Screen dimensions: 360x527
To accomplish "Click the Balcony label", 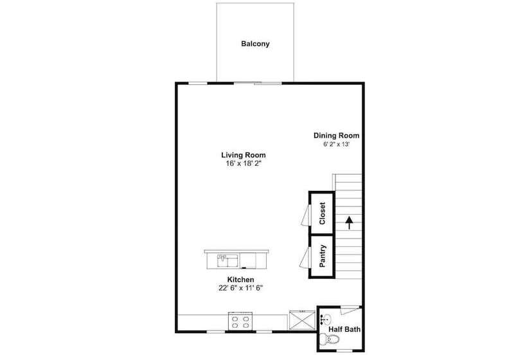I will pos(255,44).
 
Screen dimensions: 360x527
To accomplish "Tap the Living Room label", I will pos(243,155).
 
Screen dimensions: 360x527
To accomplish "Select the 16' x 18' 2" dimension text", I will pos(243,164).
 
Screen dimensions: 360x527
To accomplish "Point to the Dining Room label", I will pos(336,136).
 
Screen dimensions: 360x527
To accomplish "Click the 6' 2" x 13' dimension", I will pos(336,145).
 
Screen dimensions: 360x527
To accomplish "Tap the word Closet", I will pos(323,213).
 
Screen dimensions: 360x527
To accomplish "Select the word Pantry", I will pos(323,256).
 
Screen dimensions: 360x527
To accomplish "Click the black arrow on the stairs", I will pos(349,222).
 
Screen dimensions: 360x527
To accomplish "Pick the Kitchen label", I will pos(240,280).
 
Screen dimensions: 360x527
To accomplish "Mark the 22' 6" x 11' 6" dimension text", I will pos(240,289).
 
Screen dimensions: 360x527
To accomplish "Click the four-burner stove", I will pos(240,321).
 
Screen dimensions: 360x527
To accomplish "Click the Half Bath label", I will pos(344,330).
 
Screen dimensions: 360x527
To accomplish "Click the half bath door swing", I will pos(348,310).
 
